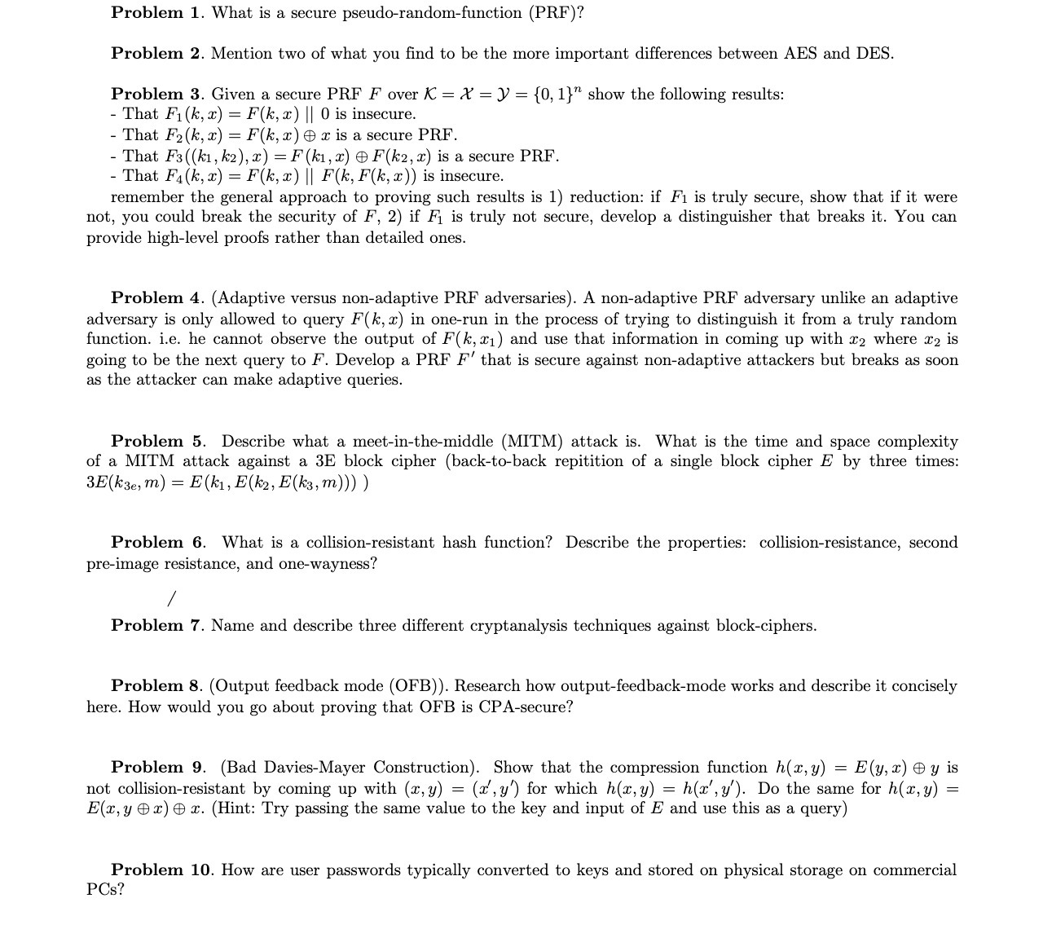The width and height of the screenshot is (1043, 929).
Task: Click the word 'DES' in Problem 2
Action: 873,54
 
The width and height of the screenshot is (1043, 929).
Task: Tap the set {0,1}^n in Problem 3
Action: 557,95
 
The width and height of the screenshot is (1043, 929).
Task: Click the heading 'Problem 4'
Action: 158,298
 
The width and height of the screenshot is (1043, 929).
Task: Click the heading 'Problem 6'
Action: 158,543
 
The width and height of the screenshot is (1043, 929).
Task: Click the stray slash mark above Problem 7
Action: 171,600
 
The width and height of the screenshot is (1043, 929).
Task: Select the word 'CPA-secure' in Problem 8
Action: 530,707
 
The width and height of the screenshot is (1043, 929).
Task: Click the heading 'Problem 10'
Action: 161,870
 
